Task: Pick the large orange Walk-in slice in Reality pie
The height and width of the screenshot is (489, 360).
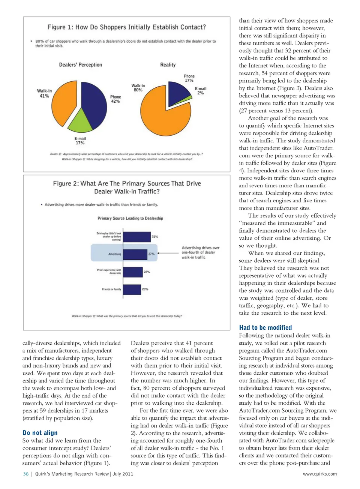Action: point(161,112)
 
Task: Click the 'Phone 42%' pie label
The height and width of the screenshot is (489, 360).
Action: point(115,99)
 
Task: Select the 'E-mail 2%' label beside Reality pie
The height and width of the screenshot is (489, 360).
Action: point(201,91)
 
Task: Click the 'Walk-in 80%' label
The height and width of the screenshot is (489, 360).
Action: point(138,88)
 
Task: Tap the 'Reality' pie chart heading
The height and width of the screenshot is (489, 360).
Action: point(168,65)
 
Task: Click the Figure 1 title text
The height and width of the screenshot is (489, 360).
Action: point(126,27)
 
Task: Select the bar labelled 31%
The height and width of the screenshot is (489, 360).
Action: point(136,237)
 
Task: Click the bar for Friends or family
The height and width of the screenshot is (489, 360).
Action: point(132,289)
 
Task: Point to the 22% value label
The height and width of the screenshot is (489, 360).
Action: point(147,272)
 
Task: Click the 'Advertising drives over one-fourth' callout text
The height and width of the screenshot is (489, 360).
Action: point(200,253)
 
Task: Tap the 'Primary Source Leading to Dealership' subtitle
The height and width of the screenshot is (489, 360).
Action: point(130,218)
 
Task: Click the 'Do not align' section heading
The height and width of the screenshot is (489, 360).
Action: point(40,433)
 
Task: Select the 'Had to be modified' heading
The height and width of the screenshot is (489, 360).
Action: point(265,327)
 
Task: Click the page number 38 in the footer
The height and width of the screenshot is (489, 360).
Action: point(26,474)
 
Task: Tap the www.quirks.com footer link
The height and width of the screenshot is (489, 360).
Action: point(319,474)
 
